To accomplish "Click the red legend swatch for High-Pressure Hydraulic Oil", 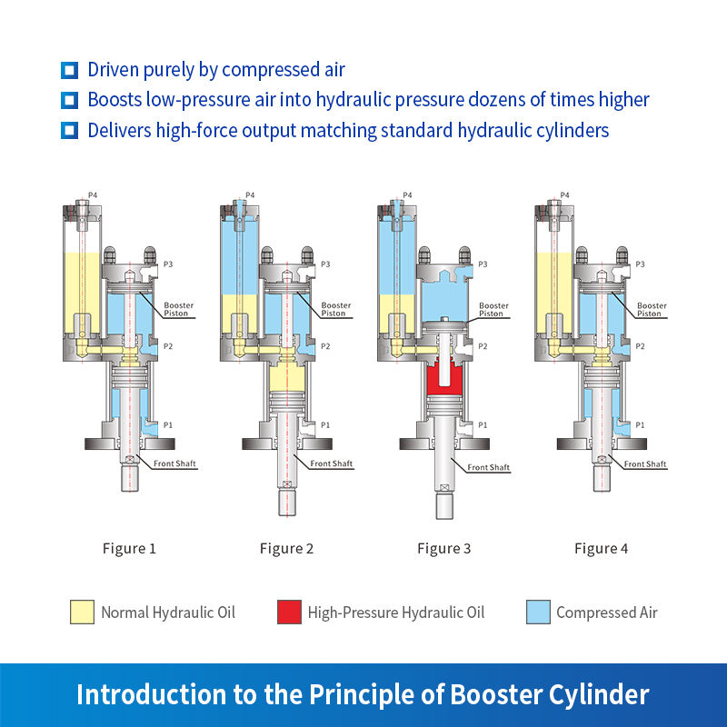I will point(289,612).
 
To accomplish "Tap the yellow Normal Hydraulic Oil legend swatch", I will point(82,612).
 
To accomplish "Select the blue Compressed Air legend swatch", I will point(538,612).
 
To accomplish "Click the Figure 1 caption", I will point(128,548).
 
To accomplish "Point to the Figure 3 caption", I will point(443,548).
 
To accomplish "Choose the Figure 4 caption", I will point(601,548).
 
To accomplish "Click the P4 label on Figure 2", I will point(250,195).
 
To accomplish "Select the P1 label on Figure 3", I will point(483,424).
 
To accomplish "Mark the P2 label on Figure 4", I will point(640,346).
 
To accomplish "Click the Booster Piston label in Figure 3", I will point(493,310).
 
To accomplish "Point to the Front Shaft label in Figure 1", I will point(175,463).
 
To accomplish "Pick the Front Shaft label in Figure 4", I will point(646,463).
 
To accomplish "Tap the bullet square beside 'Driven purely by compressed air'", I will point(68,70).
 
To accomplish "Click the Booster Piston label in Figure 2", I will point(333,310).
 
